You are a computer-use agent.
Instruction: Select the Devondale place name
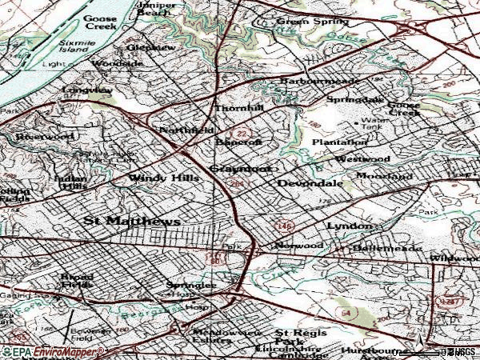[x=310, y=183]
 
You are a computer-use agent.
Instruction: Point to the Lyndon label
[x=349, y=226]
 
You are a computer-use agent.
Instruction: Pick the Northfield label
[x=186, y=130]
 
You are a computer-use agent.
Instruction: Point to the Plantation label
[x=339, y=142]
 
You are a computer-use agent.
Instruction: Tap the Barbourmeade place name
[x=320, y=82]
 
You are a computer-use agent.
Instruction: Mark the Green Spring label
[x=303, y=22]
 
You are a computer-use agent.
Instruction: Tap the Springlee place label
[x=191, y=285]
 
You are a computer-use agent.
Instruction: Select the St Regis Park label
[x=291, y=337]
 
